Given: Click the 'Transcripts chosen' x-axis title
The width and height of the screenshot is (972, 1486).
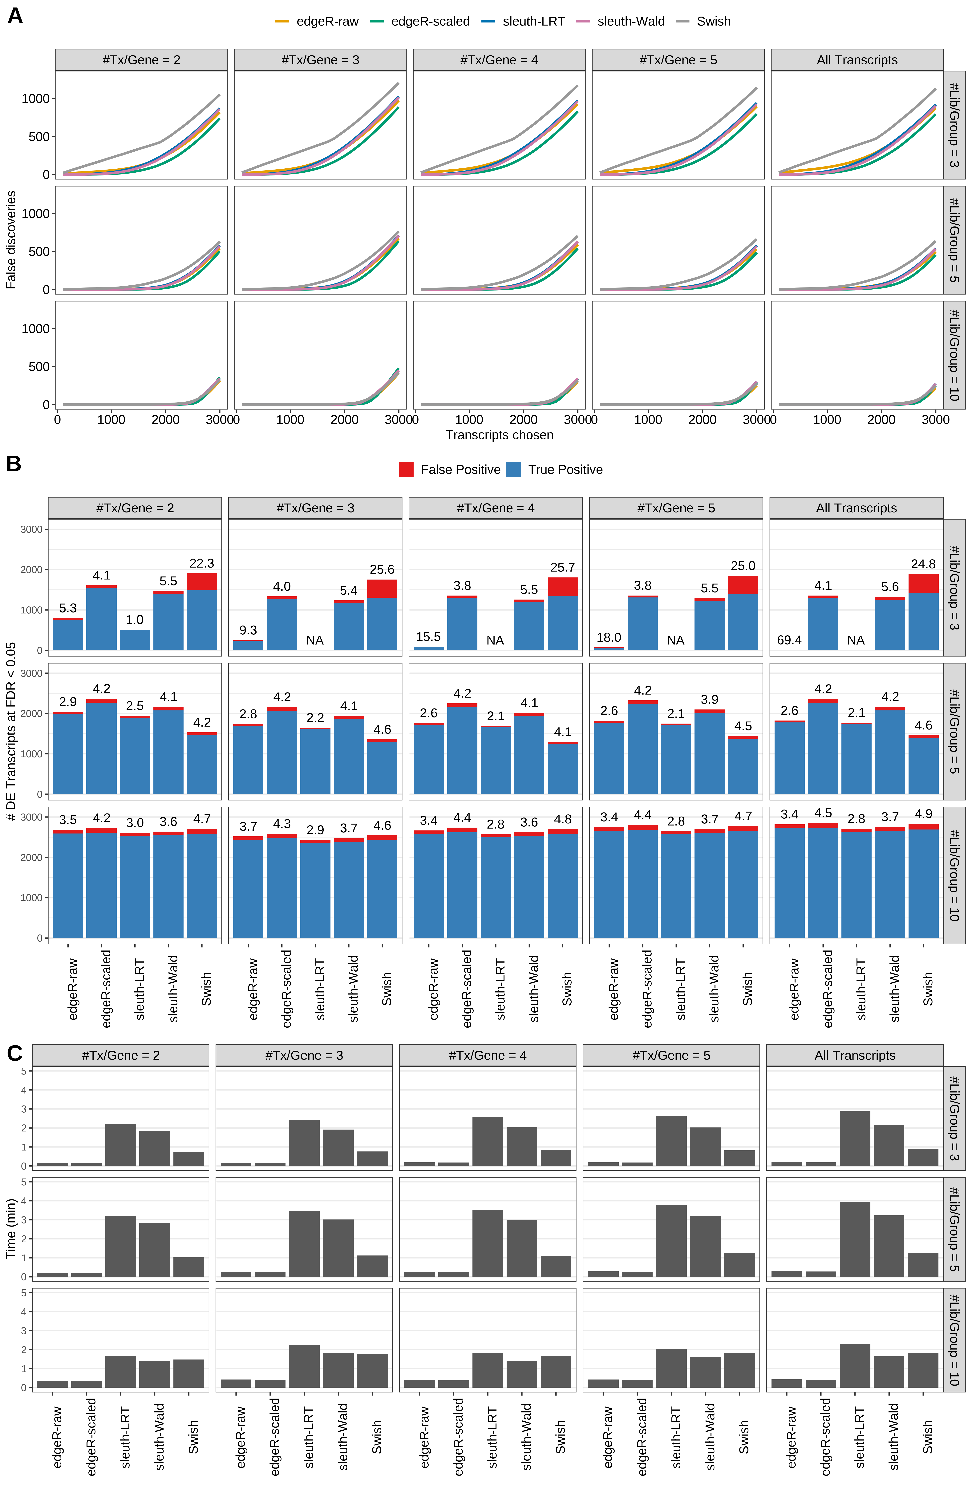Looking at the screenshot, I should coord(499,435).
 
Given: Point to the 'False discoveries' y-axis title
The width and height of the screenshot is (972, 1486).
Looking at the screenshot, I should coord(11,240).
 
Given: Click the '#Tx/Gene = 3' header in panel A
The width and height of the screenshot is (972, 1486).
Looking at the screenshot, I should coord(320,60).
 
